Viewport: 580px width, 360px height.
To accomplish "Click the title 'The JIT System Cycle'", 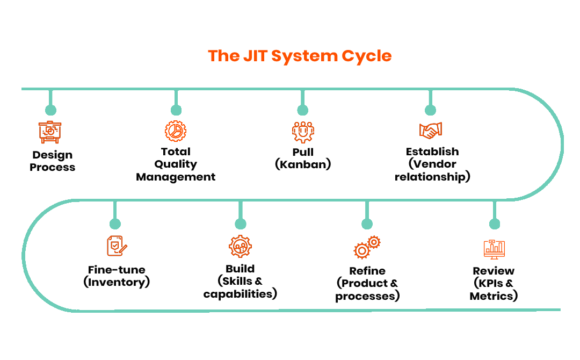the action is point(300,56).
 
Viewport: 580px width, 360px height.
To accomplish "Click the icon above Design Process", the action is point(50,132).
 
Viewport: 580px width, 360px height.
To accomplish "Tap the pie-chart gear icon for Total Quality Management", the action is point(176,131).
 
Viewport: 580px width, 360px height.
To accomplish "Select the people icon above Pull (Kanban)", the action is point(303,132).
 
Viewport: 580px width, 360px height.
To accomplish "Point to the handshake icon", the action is point(431,131).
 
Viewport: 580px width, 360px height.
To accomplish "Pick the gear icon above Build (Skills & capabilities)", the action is point(240,247).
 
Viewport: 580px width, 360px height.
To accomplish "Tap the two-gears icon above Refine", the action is point(367,247).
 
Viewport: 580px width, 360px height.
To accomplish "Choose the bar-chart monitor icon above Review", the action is point(494,249).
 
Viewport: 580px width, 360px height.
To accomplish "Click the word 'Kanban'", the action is point(303,164).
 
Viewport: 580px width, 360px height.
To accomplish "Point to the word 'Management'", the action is point(176,177).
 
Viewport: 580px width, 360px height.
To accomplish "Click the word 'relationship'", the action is point(430,177).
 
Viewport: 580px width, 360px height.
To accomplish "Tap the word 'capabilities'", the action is point(238,294).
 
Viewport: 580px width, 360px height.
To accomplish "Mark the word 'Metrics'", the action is point(491,296).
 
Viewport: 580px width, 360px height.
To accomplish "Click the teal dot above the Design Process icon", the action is point(50,110).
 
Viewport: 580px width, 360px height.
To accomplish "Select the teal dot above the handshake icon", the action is point(430,110).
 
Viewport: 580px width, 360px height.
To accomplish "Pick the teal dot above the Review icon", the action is point(495,224).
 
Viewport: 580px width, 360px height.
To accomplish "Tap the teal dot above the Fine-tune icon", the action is point(115,224).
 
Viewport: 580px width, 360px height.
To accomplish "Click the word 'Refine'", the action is point(367,271).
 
